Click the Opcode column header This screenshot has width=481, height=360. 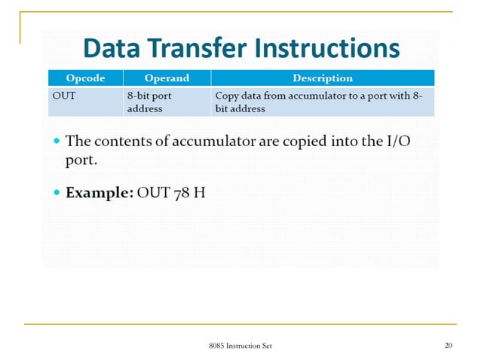[84, 78]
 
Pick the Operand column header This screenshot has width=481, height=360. [167, 78]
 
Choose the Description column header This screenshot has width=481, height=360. [322, 78]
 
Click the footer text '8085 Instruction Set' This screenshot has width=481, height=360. [240, 346]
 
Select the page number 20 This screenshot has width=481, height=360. [448, 346]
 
